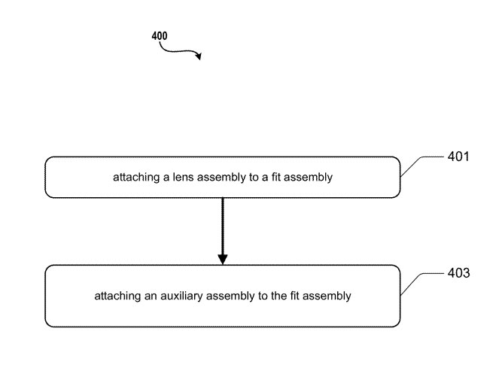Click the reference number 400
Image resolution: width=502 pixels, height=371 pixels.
coord(160,35)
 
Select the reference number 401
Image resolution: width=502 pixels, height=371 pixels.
coord(457,157)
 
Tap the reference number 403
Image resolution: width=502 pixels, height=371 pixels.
coord(458,273)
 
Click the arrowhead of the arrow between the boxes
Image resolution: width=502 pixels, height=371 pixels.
coord(222,259)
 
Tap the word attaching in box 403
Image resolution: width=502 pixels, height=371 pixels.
coord(115,296)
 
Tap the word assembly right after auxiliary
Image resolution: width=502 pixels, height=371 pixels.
coord(227,296)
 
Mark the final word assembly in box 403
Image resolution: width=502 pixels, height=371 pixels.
coord(329,296)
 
